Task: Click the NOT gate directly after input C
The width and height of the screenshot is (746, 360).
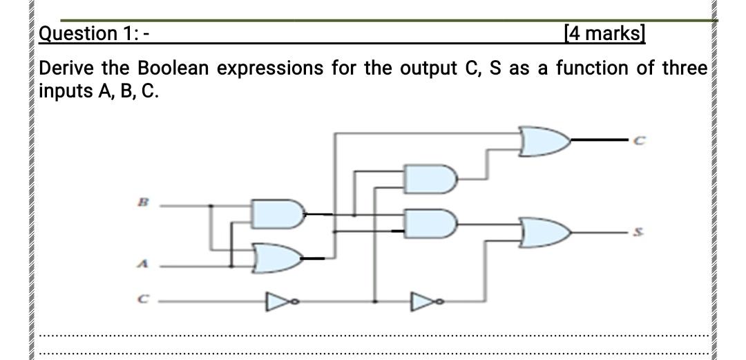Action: (276, 301)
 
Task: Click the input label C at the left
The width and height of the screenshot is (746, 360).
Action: (143, 301)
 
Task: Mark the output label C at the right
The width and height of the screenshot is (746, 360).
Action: (640, 141)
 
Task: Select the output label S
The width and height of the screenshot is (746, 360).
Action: (640, 234)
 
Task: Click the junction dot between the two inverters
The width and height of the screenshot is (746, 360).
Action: (374, 301)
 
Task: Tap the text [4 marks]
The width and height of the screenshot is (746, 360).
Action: (604, 32)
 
